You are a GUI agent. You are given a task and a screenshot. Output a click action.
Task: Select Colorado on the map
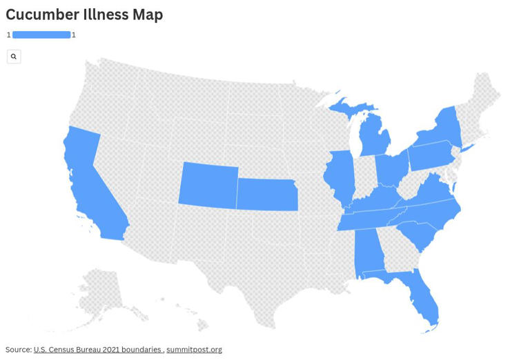(x=208, y=185)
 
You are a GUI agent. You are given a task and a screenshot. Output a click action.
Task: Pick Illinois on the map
(x=339, y=175)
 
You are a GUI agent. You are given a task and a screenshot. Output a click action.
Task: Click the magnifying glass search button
(x=14, y=57)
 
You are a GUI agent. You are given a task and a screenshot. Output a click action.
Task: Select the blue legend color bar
(x=41, y=34)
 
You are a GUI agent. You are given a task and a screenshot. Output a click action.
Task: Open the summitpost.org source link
(x=194, y=350)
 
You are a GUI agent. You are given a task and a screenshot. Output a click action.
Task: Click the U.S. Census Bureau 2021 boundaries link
(x=97, y=350)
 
